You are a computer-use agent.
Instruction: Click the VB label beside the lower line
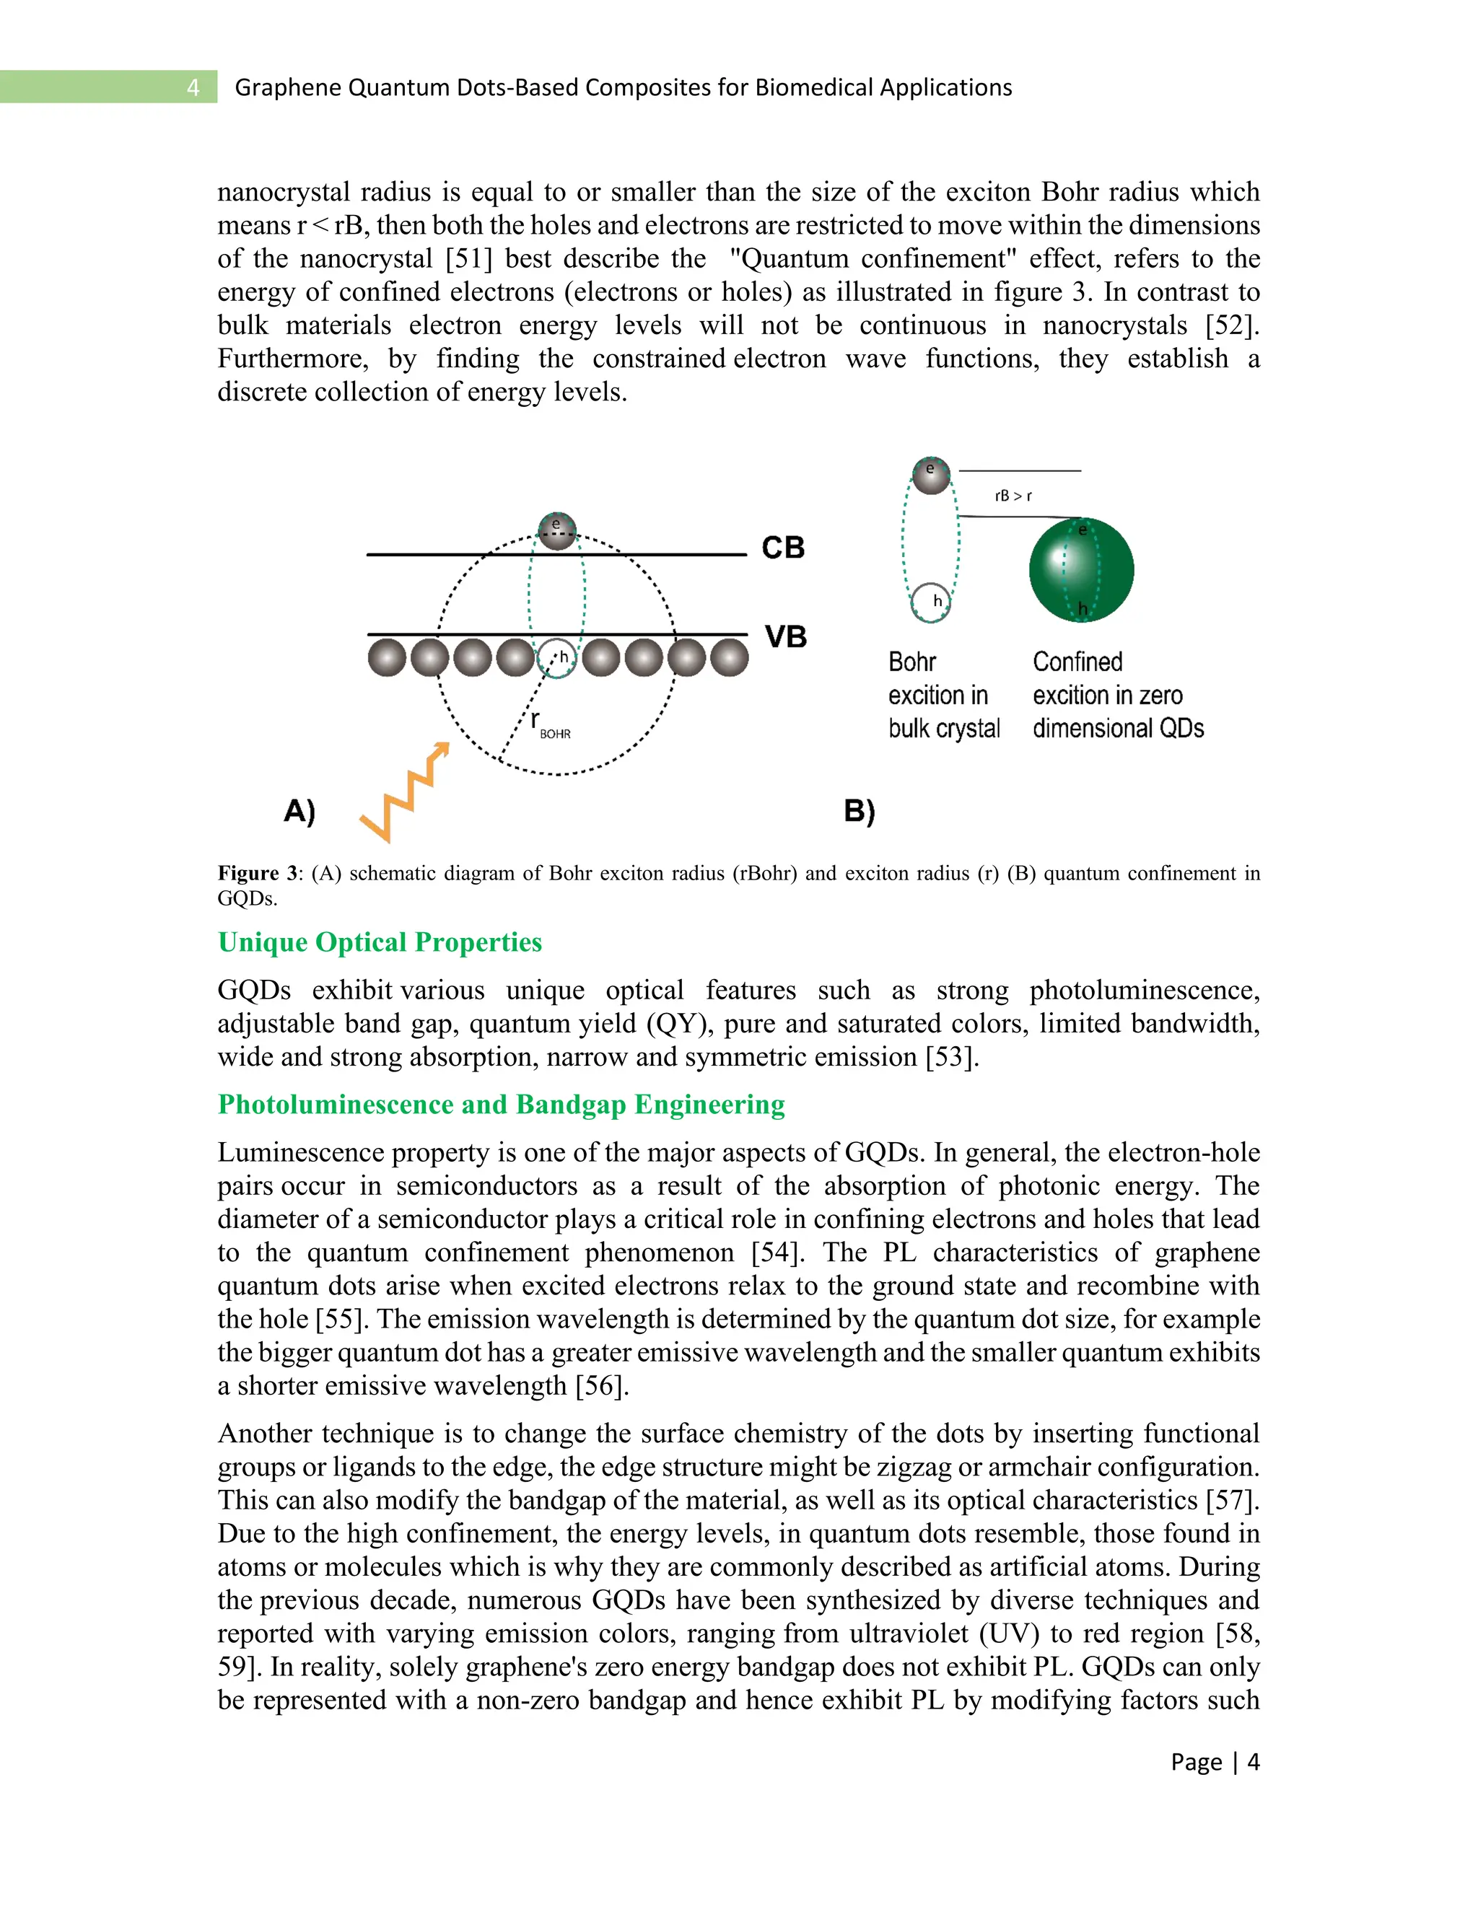(x=784, y=636)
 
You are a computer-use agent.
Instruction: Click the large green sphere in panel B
(x=1080, y=570)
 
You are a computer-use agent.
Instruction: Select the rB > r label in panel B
(x=1013, y=496)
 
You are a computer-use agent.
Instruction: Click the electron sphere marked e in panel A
(x=557, y=530)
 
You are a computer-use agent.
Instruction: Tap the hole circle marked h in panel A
(x=557, y=657)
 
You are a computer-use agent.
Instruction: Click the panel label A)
(x=299, y=811)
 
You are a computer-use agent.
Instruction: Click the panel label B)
(x=859, y=812)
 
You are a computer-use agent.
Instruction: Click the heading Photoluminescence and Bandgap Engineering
(x=501, y=1104)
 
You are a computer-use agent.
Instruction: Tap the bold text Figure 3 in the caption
(x=259, y=873)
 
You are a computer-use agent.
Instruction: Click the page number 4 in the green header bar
(x=193, y=87)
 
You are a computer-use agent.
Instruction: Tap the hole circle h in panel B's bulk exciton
(x=931, y=602)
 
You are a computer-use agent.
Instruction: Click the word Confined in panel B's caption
(x=1077, y=662)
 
